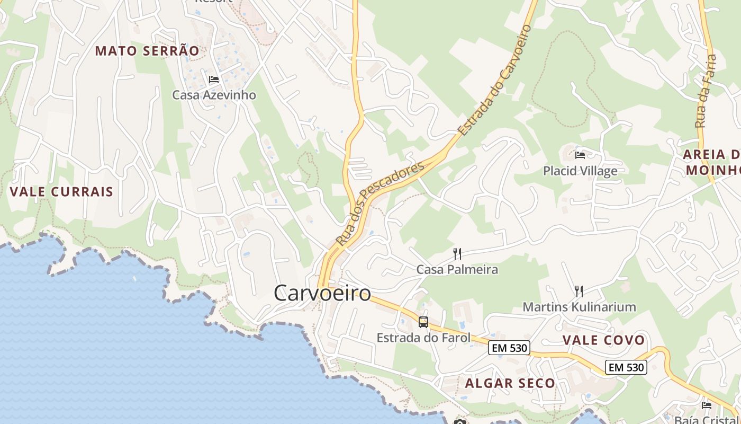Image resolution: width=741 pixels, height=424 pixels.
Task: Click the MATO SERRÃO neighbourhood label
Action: [x=147, y=51]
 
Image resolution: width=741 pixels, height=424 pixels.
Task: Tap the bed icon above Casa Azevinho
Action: [x=214, y=79]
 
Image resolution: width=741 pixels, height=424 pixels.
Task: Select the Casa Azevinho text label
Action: [x=214, y=95]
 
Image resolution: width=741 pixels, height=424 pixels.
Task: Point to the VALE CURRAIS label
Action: [x=61, y=191]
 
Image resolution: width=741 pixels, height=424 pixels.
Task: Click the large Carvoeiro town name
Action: [x=322, y=293]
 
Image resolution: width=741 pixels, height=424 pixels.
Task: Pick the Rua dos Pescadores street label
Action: [x=381, y=204]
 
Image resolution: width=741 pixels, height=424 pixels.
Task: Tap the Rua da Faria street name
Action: [x=706, y=91]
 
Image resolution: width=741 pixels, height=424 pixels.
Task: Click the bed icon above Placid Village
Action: [x=580, y=155]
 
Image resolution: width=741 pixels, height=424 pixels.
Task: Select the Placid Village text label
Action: [x=580, y=171]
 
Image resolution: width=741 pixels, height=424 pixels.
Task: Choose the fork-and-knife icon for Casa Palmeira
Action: [x=457, y=254]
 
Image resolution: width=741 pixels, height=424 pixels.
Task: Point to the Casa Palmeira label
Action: [x=457, y=269]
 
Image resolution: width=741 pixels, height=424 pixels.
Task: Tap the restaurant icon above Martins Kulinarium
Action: [x=579, y=291]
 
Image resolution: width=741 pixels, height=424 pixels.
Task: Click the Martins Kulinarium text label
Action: [x=579, y=307]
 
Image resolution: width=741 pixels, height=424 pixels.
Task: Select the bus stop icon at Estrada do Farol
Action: [x=423, y=322]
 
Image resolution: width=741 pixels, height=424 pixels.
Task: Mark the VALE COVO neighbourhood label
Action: [x=603, y=340]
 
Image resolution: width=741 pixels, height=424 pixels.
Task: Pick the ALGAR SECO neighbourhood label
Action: [x=510, y=383]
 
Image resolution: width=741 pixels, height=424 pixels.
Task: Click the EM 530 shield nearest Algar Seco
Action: [x=509, y=348]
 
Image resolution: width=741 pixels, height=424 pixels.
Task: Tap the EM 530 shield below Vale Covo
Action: [x=626, y=367]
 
